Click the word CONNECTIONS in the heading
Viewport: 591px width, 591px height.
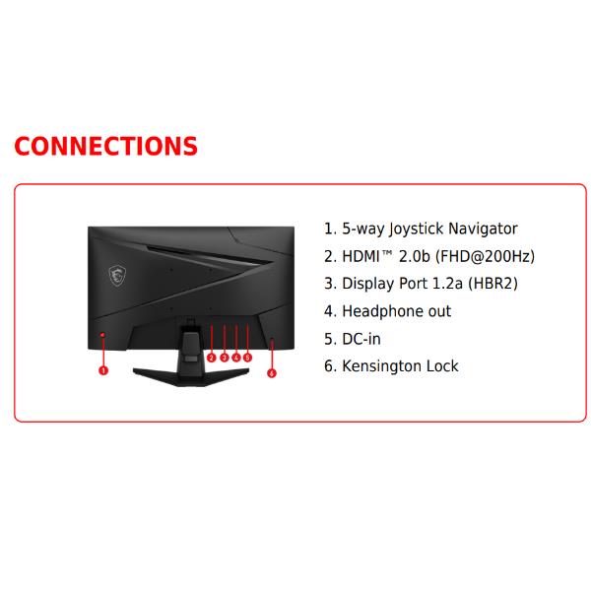point(105,146)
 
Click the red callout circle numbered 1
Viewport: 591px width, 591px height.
point(103,370)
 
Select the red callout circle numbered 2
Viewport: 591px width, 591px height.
point(212,358)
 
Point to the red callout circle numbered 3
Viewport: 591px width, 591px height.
point(225,358)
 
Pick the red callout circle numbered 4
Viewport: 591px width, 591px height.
point(236,358)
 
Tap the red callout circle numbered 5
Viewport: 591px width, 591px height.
point(248,358)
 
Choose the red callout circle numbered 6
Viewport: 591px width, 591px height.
point(272,372)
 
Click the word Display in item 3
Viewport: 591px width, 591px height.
point(367,284)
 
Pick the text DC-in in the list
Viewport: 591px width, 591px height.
point(361,339)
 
